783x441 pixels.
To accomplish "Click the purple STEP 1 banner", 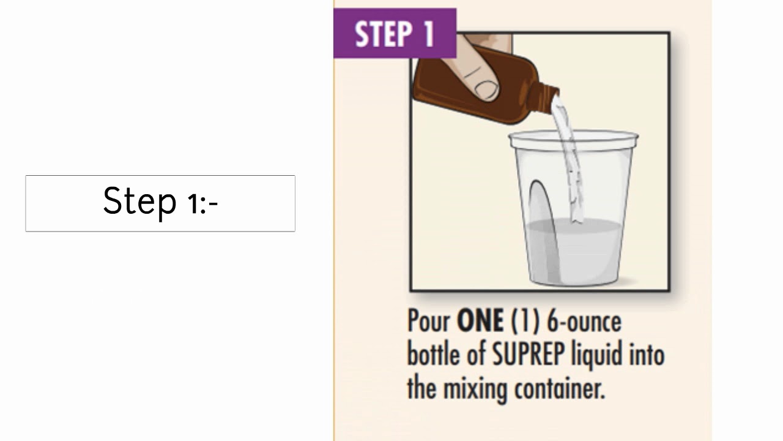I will tap(395, 33).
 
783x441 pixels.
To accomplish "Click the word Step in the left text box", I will tap(139, 202).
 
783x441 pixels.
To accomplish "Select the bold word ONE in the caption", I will tap(480, 322).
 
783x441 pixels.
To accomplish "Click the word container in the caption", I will tap(563, 388).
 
